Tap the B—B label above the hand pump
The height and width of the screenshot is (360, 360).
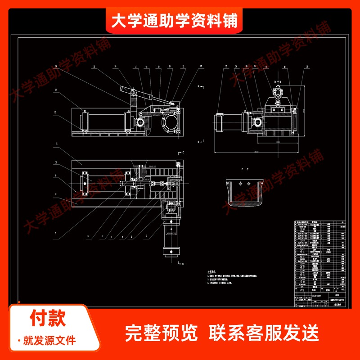pos(278,82)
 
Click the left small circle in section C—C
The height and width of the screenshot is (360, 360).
pos(241,184)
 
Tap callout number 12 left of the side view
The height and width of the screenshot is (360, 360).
pos(55,90)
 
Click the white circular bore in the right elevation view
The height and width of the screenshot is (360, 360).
pos(256,122)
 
